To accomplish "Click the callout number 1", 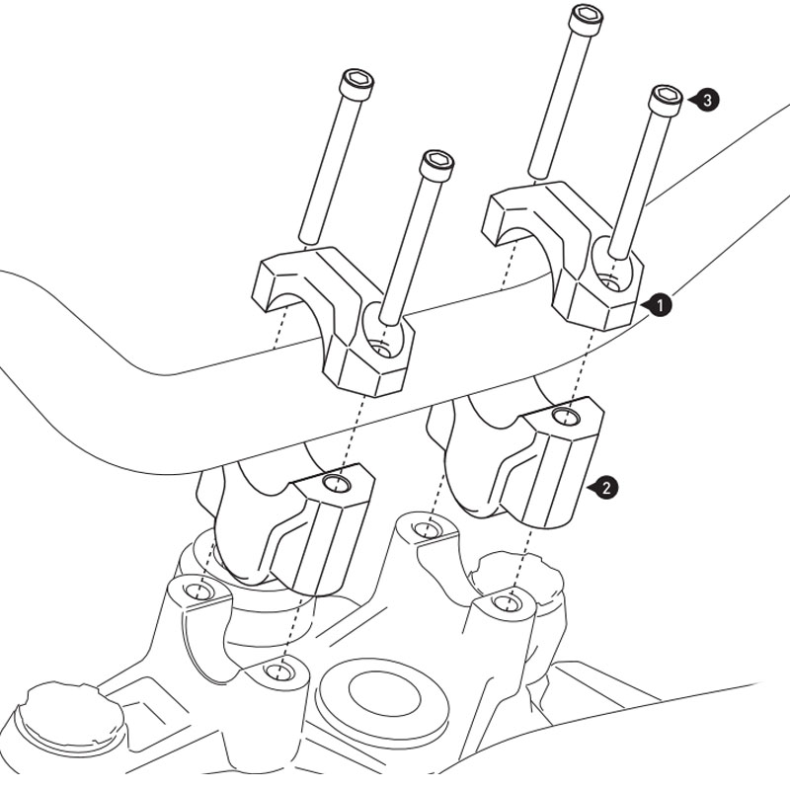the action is click(661, 305).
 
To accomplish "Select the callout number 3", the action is click(707, 101).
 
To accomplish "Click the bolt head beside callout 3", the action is click(666, 100).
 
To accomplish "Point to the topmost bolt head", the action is click(587, 18).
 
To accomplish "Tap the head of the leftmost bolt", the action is click(356, 83).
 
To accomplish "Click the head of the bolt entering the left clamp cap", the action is click(436, 164).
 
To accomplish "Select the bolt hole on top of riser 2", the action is click(565, 417).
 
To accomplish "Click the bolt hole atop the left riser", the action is click(337, 484).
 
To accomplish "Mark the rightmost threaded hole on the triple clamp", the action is click(506, 602).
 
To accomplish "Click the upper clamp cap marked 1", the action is click(563, 255).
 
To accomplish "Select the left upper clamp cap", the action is click(333, 321).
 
